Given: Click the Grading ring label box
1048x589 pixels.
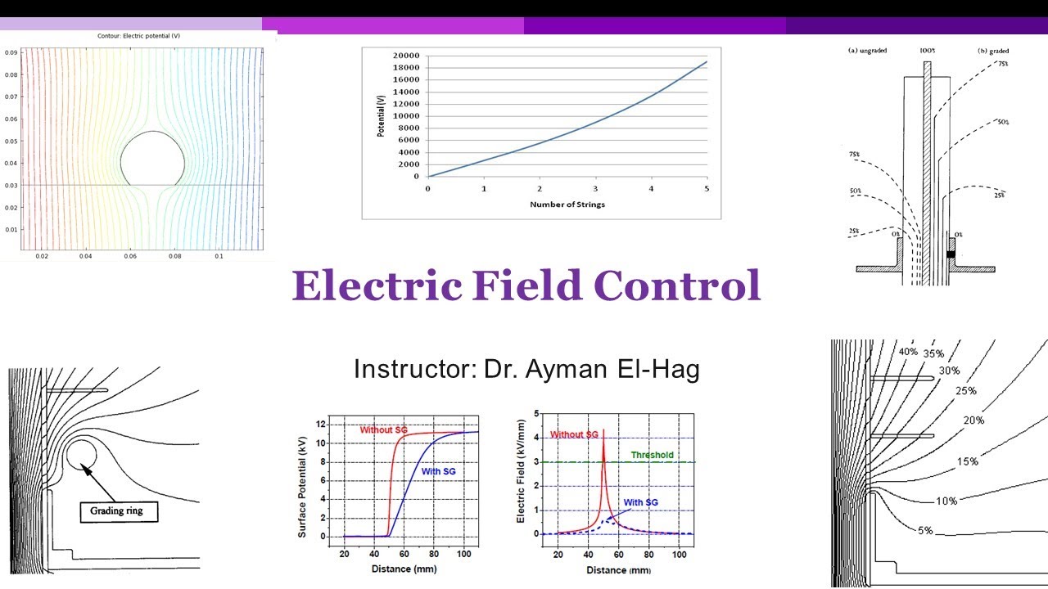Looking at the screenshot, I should click(x=118, y=512).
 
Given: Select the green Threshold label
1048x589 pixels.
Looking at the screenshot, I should click(x=652, y=455).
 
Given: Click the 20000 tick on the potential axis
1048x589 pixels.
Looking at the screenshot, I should click(x=406, y=56).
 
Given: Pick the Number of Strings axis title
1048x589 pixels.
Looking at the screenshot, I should click(x=567, y=204).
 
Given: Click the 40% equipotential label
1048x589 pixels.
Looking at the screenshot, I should click(x=908, y=352).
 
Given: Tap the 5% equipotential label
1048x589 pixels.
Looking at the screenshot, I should click(x=924, y=530).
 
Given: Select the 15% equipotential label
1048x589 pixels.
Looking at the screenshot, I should click(x=967, y=462).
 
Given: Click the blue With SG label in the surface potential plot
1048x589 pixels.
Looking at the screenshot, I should click(x=438, y=471).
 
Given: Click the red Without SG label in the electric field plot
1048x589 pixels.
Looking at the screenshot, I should click(x=575, y=434).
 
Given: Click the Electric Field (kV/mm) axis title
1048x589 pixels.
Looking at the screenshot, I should click(x=521, y=477).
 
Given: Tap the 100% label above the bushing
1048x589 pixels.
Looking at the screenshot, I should click(x=927, y=51).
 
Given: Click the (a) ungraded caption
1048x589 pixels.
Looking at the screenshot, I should click(x=867, y=51).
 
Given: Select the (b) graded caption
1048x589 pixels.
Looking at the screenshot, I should click(x=993, y=51).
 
